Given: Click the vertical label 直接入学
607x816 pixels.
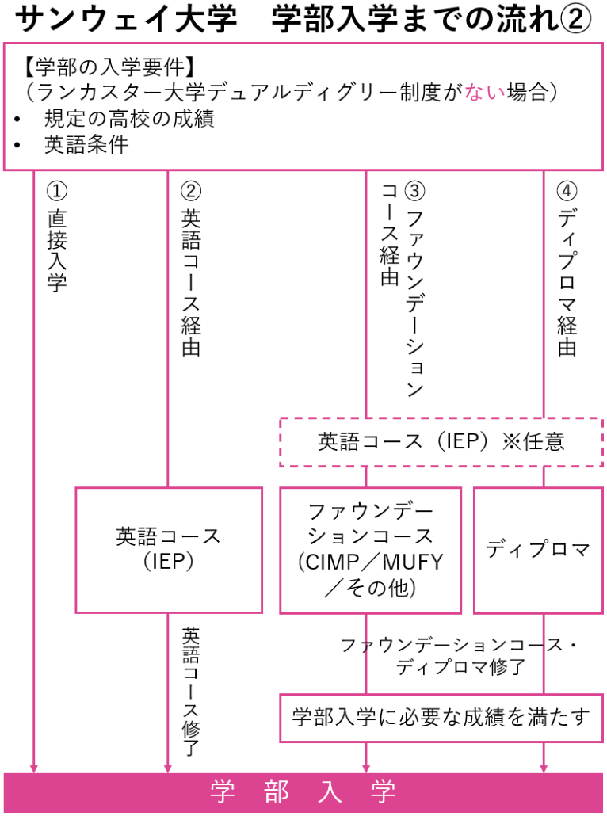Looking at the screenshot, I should coord(56,251).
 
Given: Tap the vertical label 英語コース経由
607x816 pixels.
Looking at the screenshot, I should coord(191,282).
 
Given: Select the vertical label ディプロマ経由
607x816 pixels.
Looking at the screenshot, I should coord(567,282).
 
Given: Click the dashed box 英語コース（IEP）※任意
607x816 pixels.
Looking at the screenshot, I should coord(441,441).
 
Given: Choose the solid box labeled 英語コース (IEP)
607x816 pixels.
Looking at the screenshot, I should coord(169,549).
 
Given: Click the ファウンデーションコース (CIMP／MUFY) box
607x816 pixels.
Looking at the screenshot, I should coord(370,549).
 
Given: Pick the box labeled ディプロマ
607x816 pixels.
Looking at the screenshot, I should coord(537,549).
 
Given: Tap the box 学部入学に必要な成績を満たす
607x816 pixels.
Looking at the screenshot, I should coord(441,718).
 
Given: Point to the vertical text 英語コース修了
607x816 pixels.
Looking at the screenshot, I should coord(191,691).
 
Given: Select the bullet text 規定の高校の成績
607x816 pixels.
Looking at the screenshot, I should coord(129,119).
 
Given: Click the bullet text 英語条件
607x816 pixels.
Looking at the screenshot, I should coord(86,145).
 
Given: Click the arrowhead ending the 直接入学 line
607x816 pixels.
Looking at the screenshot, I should coord(33,767).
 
